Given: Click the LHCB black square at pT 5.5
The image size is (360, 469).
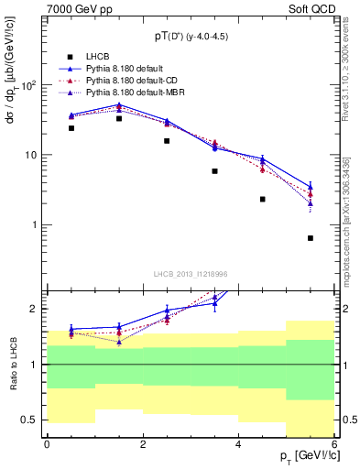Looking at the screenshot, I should coord(311,238).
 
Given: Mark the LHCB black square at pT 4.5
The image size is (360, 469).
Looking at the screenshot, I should coord(262,199).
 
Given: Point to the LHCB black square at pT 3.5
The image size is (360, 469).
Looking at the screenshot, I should coord(214,171).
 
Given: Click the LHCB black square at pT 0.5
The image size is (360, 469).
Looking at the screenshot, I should coord(71,128).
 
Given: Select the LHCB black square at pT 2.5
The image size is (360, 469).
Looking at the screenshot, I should coord(167,141).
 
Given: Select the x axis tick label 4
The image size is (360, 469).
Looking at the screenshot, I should coord(238,444).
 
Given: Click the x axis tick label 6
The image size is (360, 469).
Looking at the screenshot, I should coord(333,444).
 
